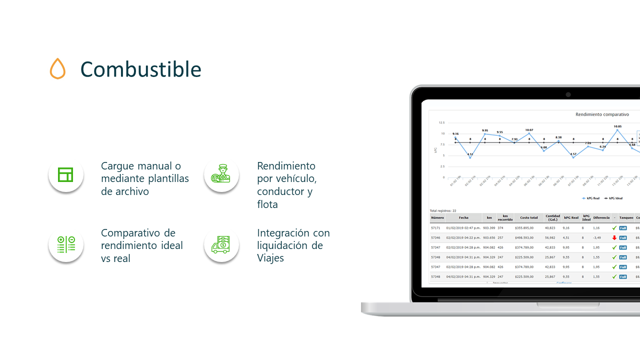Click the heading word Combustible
pyautogui.click(x=140, y=69)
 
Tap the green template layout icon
pyautogui.click(x=65, y=174)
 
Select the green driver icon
pyautogui.click(x=220, y=174)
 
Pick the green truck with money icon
pyautogui.click(x=220, y=244)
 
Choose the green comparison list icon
pyautogui.click(x=65, y=244)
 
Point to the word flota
pyautogui.click(x=267, y=204)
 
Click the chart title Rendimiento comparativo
pyautogui.click(x=602, y=114)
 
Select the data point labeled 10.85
pyautogui.click(x=617, y=130)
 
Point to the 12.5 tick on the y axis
pyautogui.click(x=441, y=122)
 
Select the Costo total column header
pyautogui.click(x=528, y=218)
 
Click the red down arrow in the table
pyautogui.click(x=614, y=237)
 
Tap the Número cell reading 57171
pyautogui.click(x=435, y=228)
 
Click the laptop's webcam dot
pyautogui.click(x=568, y=94)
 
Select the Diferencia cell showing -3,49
pyautogui.click(x=596, y=237)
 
